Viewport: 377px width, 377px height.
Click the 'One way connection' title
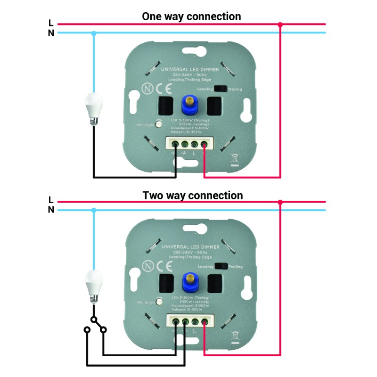click(191, 16)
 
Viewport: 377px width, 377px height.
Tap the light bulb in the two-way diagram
click(93, 286)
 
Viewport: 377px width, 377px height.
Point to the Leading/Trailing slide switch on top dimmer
click(221, 88)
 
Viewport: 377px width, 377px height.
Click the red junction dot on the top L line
click(280, 24)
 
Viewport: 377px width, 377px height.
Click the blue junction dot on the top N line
click(94, 33)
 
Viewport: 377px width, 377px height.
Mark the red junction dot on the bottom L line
click(280, 202)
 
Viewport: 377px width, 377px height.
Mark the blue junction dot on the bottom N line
click(94, 210)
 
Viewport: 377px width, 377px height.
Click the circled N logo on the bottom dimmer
click(147, 266)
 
